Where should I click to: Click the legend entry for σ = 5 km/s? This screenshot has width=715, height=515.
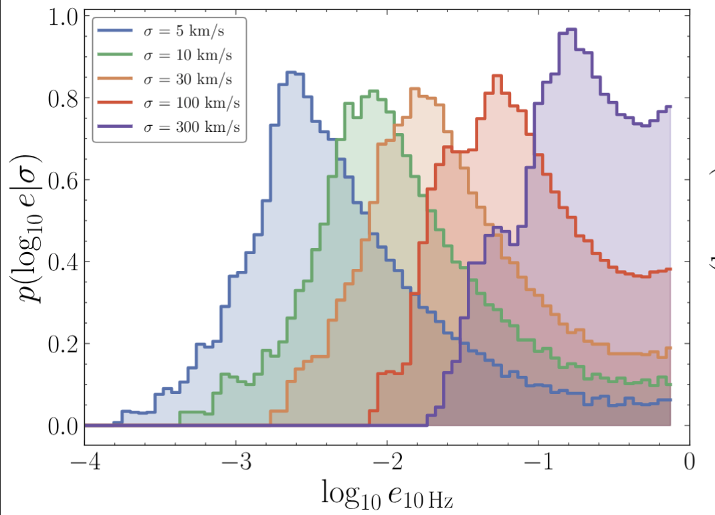pos(161,31)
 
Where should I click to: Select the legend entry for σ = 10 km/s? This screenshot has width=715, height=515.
pos(165,56)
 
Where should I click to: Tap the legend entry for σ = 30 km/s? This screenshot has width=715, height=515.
pos(165,80)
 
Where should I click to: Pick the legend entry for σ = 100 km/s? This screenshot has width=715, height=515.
pos(169,103)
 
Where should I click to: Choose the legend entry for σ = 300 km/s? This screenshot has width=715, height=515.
pos(169,127)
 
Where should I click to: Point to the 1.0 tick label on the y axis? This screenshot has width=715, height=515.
pos(63,17)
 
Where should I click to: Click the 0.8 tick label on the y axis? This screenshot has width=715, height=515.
pos(63,99)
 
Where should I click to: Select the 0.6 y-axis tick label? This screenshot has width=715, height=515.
pos(63,181)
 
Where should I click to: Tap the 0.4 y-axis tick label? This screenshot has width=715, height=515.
pos(63,262)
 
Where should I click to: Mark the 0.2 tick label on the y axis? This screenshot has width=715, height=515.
pos(63,344)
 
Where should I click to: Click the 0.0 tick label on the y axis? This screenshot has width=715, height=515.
pos(63,426)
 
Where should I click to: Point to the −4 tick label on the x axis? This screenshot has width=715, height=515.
pos(85,461)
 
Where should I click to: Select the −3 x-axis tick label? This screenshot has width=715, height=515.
pos(236,461)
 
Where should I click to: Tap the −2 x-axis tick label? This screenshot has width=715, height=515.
pos(387,461)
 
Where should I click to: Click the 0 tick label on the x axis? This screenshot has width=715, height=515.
pos(690,461)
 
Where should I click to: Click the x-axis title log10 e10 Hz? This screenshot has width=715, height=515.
pos(387,494)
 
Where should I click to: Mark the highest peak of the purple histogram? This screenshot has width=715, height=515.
pos(568,29)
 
